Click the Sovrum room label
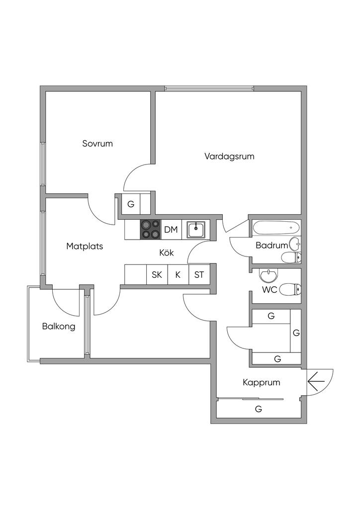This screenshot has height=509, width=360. [97, 144]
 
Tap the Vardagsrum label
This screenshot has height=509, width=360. [229, 156]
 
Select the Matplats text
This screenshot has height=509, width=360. [85, 246]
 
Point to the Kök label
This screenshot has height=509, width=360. [166, 253]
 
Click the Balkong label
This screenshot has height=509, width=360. [59, 327]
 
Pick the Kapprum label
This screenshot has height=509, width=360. [261, 382]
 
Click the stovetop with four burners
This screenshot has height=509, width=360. [150, 229]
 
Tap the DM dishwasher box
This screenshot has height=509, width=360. [171, 229]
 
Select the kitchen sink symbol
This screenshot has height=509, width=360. [196, 229]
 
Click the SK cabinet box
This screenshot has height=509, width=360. [157, 274]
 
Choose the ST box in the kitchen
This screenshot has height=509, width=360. [199, 274]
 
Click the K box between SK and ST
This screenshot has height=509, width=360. [178, 274]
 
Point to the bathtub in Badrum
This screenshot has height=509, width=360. [276, 228]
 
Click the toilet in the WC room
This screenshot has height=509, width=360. [290, 289]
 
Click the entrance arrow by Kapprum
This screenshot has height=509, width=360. [316, 382]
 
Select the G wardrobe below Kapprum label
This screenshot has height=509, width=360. [258, 410]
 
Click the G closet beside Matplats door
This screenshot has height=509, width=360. [131, 204]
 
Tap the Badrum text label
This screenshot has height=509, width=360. [271, 245]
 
